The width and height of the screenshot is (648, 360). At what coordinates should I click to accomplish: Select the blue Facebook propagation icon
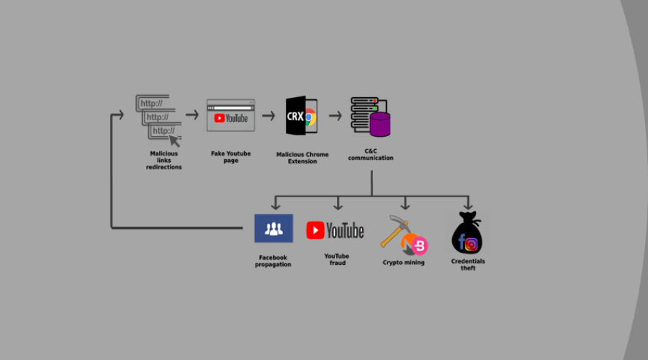273,228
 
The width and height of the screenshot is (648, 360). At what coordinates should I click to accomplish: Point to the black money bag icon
467,234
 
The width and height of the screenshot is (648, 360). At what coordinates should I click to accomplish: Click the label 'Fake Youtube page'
230,157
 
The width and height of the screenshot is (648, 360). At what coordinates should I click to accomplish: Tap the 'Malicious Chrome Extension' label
302,158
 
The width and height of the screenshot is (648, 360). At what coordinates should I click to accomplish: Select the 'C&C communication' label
371,155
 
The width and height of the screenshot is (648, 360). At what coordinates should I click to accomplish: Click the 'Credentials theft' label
468,264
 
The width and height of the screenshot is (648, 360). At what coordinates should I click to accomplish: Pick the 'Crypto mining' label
403,263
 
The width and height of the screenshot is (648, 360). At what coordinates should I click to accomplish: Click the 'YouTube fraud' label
336,259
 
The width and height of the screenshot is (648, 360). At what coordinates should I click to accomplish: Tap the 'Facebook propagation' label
273,261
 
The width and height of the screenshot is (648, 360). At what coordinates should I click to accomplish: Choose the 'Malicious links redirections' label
163,160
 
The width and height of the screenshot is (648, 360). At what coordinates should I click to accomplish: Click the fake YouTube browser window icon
230,115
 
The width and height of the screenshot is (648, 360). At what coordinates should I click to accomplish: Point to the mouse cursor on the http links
175,139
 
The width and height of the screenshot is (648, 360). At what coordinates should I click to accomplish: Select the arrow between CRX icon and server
335,115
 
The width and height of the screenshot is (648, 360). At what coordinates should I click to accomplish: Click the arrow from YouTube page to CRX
269,115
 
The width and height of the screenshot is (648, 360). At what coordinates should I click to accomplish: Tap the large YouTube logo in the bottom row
335,230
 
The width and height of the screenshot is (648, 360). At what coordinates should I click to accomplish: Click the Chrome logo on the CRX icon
310,117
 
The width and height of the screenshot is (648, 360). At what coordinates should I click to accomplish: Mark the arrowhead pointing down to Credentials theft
467,206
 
